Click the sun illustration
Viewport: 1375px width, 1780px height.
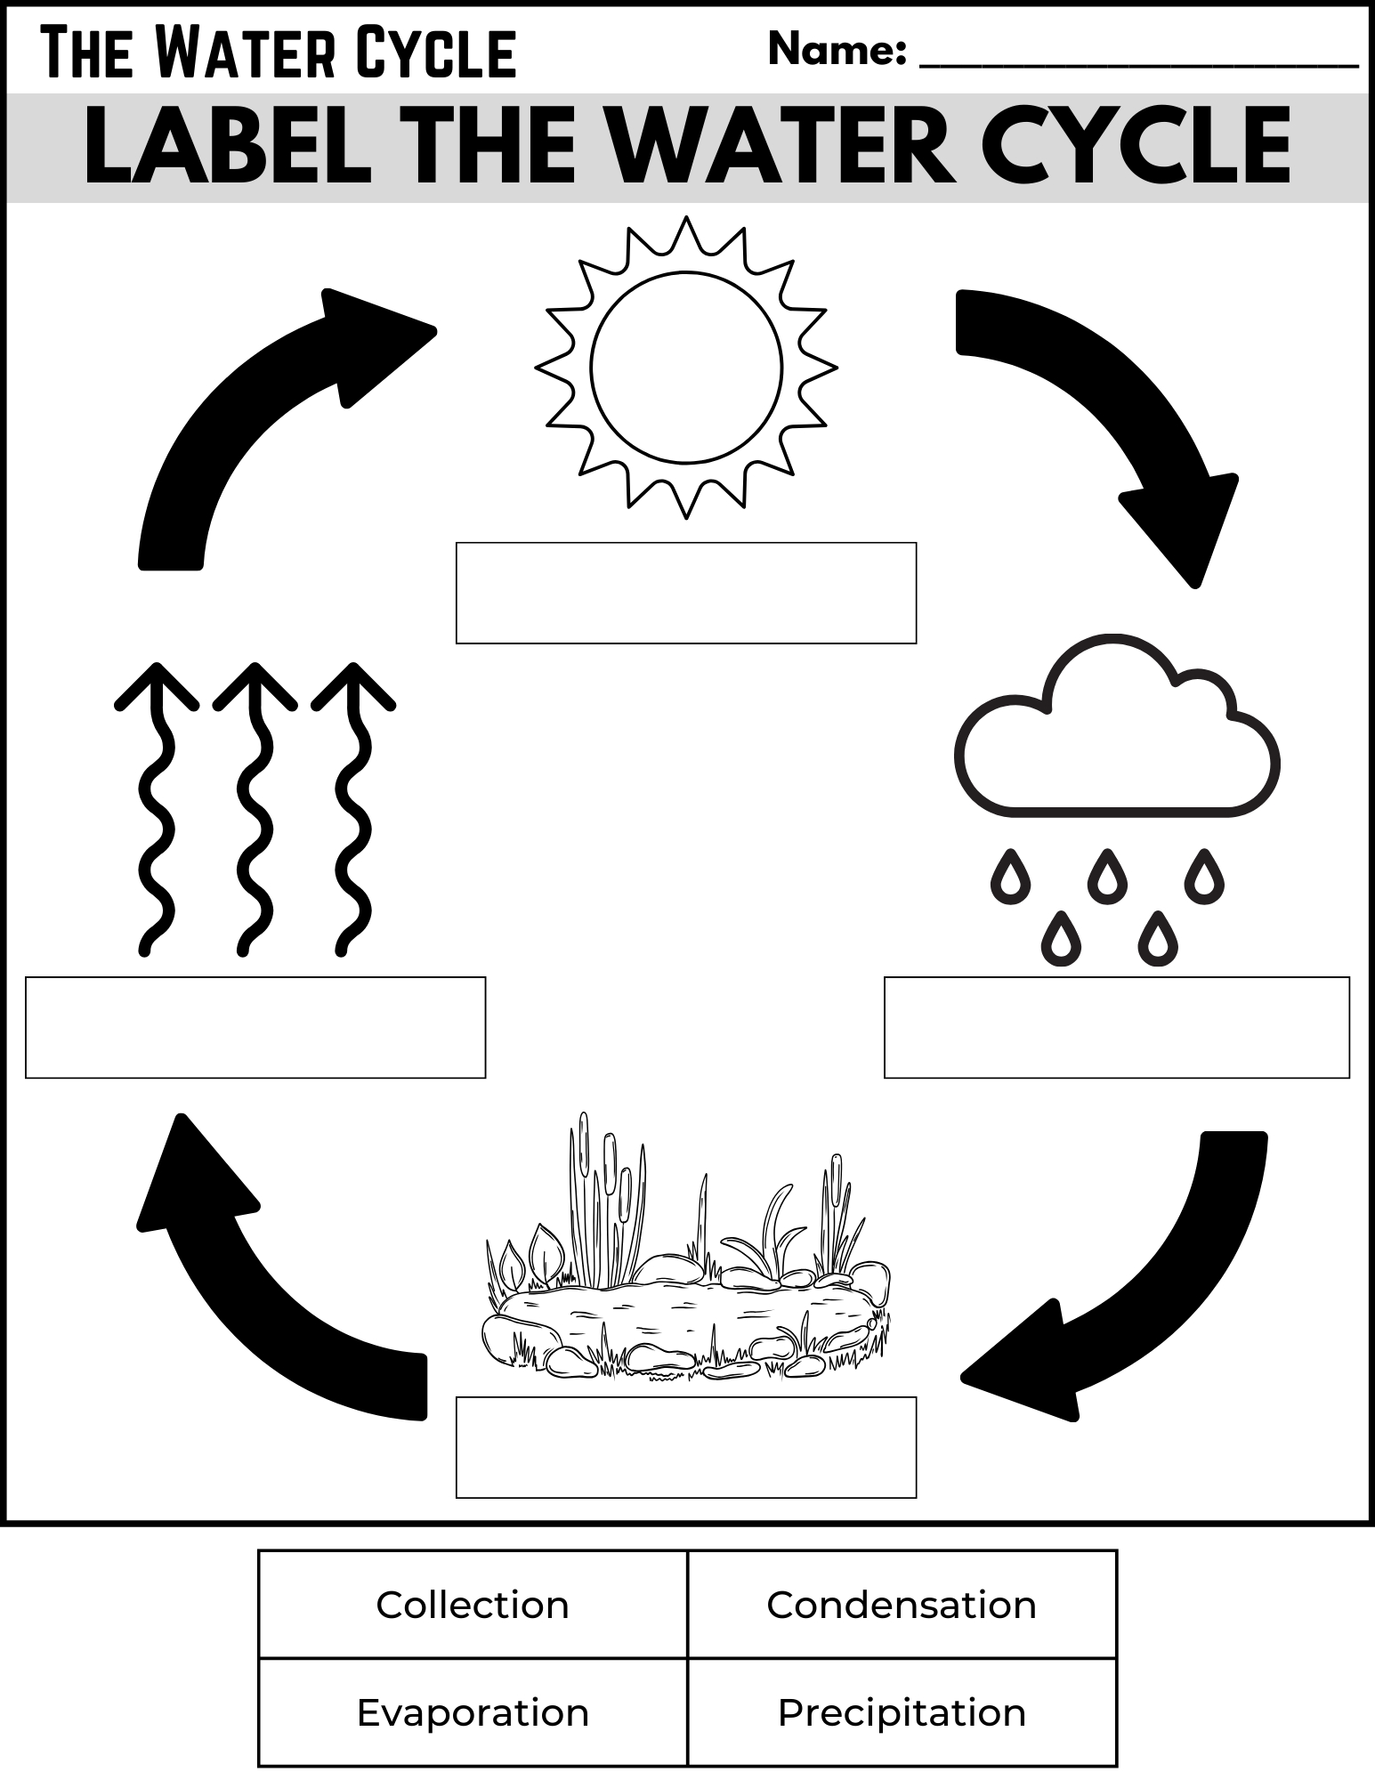tap(686, 367)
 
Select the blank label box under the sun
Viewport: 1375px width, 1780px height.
tap(686, 593)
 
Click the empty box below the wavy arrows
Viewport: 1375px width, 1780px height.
tap(255, 1027)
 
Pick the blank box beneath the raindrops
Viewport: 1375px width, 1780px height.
tap(1116, 1027)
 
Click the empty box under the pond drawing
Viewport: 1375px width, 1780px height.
tap(686, 1447)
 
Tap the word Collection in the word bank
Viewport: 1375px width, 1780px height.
tap(472, 1606)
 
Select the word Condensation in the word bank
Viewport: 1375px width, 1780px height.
tap(902, 1606)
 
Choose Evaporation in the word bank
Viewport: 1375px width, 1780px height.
tap(472, 1712)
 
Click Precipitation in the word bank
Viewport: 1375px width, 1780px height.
tap(902, 1712)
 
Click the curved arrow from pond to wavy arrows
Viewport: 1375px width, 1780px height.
tap(258, 1299)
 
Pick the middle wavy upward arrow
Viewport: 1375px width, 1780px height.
tap(255, 810)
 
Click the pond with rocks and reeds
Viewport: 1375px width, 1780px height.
tap(686, 1308)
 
